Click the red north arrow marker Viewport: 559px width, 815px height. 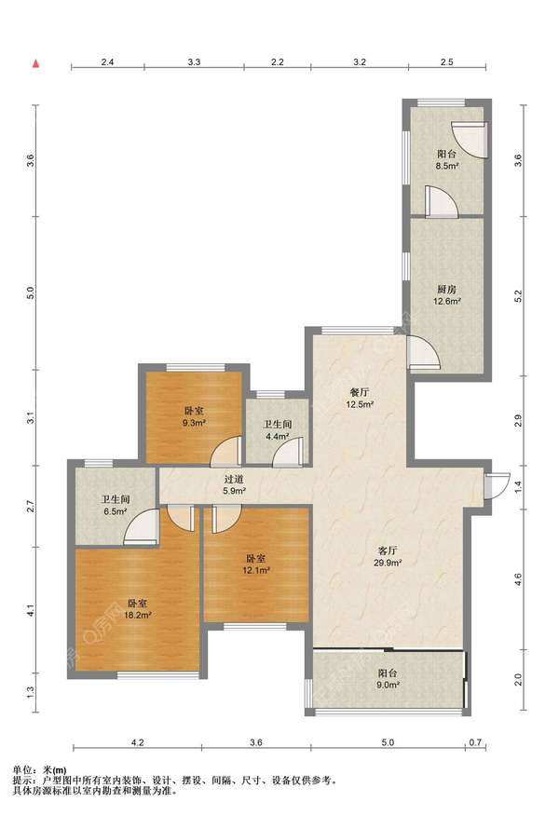tap(36, 64)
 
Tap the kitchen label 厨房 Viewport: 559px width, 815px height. tap(447, 289)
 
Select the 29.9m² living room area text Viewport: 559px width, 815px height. tap(389, 563)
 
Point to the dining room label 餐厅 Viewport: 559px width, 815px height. tap(360, 392)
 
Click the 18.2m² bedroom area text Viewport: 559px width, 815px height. tap(138, 616)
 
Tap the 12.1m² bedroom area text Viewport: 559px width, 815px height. tap(256, 571)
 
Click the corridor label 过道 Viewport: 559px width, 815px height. tap(234, 480)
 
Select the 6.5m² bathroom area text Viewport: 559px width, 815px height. tap(115, 511)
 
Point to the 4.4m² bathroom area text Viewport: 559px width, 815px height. tap(277, 437)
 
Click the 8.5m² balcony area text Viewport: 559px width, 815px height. tap(446, 167)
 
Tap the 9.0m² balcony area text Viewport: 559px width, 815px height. tap(389, 685)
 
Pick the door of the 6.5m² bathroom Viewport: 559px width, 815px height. tap(142, 526)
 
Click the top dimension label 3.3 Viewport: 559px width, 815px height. tap(194, 61)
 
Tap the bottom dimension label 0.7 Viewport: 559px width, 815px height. tap(475, 742)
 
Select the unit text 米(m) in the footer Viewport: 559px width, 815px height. tap(56, 769)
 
